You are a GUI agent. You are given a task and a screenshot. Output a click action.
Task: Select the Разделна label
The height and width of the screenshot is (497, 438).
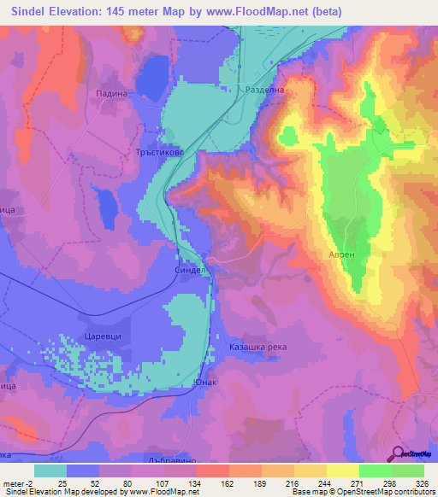263,89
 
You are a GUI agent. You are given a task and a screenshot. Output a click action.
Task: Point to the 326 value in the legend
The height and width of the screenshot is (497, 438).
420,483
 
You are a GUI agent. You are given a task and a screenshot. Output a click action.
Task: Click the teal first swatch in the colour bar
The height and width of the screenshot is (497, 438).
50,471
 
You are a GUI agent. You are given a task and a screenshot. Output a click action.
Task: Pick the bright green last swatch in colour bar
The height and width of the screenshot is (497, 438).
408,471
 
